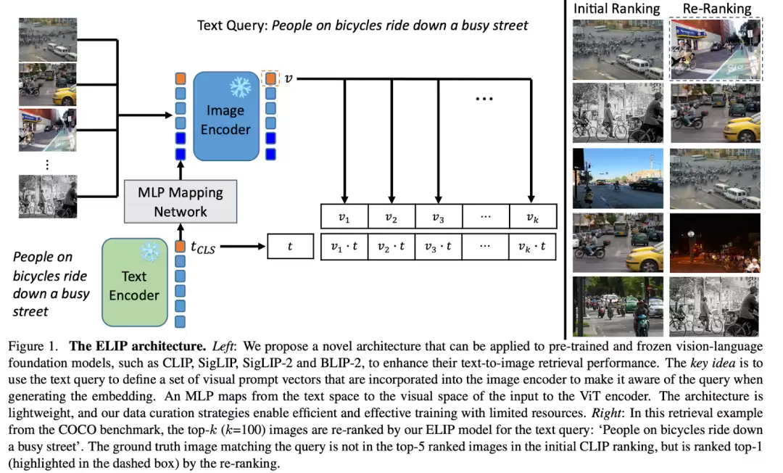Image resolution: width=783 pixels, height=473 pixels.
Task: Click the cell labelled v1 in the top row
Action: pyautogui.click(x=344, y=218)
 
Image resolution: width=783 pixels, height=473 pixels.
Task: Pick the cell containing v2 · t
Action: pyautogui.click(x=392, y=247)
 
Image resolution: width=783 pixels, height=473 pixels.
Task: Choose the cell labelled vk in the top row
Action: pyautogui.click(x=532, y=218)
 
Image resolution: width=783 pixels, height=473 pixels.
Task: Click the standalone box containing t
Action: pyautogui.click(x=290, y=247)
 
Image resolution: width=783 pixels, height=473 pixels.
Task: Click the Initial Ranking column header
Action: pyautogui.click(x=616, y=9)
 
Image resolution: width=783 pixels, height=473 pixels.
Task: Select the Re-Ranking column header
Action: pyautogui.click(x=716, y=9)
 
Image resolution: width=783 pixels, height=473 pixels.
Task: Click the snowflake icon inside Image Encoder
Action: pyautogui.click(x=239, y=88)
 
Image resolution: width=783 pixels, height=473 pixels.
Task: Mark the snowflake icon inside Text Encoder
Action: pyautogui.click(x=149, y=252)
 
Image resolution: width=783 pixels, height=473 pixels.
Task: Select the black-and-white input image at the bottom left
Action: pyautogui.click(x=48, y=196)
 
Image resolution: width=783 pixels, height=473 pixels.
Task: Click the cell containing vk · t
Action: pyautogui.click(x=532, y=247)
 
